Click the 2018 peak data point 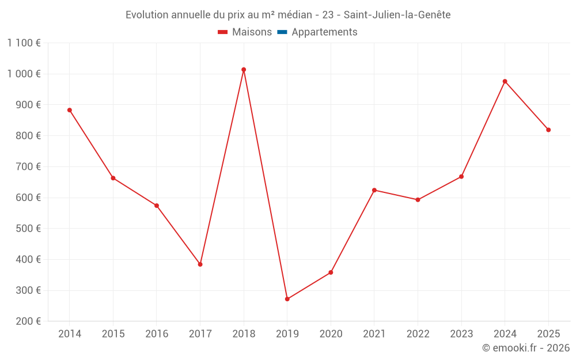coord(244,70)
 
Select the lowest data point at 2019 coord(287,299)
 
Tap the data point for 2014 coord(70,110)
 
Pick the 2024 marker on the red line coord(505,81)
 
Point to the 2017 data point coord(200,264)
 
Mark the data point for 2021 coord(374,190)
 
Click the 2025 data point coord(548,130)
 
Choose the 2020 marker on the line coord(331,272)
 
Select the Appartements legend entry coord(324,32)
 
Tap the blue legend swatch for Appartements coord(282,32)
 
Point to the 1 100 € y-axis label coord(24,43)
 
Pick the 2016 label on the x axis coord(157,334)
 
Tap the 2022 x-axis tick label coord(418,334)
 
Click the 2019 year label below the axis coord(287,334)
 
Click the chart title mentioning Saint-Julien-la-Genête coord(288,15)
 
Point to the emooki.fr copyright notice coord(526,348)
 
